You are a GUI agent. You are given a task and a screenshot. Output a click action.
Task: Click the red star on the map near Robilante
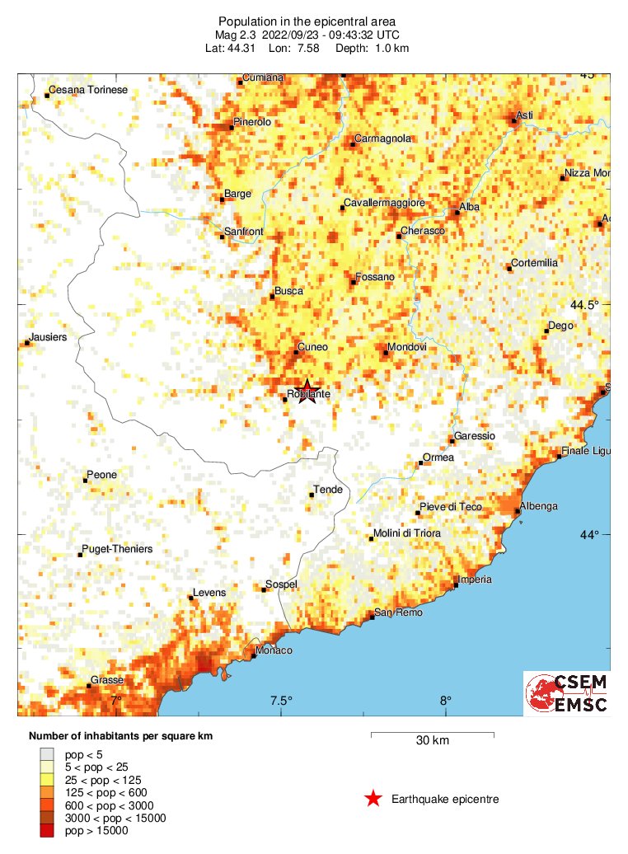(307, 392)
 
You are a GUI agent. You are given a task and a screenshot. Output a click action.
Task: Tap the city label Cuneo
(312, 347)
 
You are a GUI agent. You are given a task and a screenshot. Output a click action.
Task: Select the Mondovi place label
(406, 348)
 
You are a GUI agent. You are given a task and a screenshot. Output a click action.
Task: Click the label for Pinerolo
(252, 122)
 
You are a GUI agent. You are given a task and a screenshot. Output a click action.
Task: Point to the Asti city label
(525, 115)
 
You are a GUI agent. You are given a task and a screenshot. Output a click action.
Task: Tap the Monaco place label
(274, 650)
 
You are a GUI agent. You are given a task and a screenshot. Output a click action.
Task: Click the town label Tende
(329, 490)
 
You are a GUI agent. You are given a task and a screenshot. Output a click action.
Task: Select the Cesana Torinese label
(88, 90)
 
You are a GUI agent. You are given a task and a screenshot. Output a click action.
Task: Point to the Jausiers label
(47, 337)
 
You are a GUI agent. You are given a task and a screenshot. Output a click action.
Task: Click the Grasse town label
(108, 680)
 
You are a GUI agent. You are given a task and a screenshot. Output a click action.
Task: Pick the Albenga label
(538, 506)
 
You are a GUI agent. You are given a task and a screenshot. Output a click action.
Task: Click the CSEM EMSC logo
(567, 694)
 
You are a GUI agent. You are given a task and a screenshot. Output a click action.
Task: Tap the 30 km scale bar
(432, 733)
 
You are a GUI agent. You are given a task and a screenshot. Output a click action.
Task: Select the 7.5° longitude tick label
(281, 701)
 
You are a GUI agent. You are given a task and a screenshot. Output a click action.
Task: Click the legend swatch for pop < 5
(49, 753)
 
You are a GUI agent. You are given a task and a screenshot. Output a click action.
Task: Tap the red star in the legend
(373, 798)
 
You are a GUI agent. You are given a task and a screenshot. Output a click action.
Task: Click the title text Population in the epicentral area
(307, 21)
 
